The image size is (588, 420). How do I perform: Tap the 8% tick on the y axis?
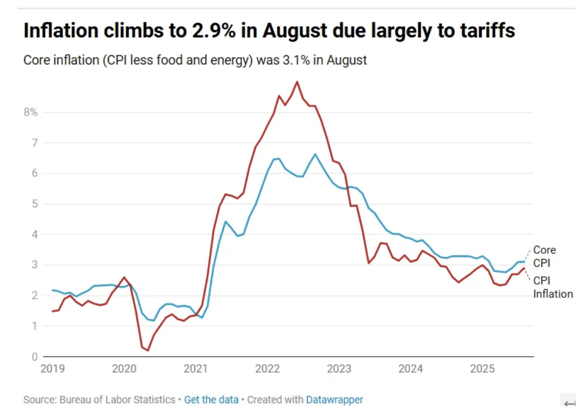click(x=31, y=112)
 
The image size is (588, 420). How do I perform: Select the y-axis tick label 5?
click(x=34, y=204)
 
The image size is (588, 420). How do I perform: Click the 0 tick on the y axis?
click(x=34, y=357)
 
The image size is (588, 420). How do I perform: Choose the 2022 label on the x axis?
click(x=267, y=368)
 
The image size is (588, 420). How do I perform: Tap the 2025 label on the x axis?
click(x=483, y=368)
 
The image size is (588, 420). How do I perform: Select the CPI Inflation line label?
click(x=552, y=287)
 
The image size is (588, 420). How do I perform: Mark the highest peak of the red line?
click(x=297, y=82)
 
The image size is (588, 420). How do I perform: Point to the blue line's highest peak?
click(x=315, y=154)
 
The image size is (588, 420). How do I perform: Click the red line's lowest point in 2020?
click(x=148, y=351)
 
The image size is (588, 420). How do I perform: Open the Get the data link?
click(x=211, y=400)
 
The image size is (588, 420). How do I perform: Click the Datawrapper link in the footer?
click(x=334, y=400)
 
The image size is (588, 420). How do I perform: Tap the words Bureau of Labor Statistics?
click(x=117, y=400)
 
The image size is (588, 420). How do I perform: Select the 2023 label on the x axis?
click(x=338, y=368)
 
